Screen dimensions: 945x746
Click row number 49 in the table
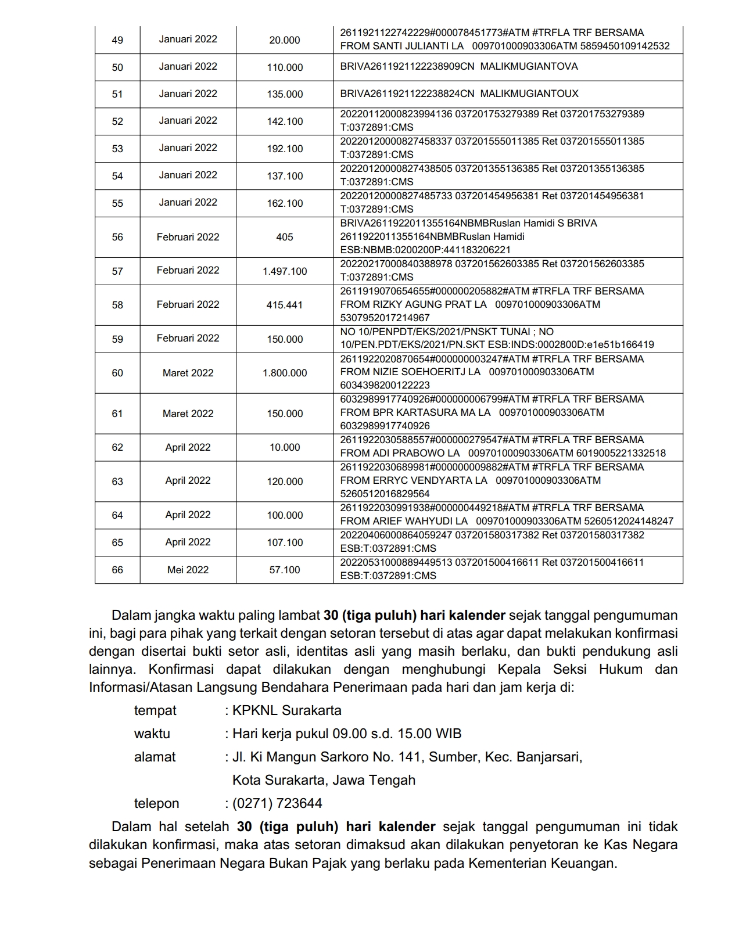pos(117,40)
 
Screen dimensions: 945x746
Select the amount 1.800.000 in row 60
pos(285,373)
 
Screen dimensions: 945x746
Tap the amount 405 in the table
pos(285,237)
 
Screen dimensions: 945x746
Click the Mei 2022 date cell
pos(188,570)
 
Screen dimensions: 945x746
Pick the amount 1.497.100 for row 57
pos(285,271)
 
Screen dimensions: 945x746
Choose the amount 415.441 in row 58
pos(285,305)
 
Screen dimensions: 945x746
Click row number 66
pos(117,570)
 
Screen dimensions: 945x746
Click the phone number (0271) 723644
pos(277,803)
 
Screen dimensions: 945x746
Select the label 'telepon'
pos(156,803)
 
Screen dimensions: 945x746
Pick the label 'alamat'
pos(155,757)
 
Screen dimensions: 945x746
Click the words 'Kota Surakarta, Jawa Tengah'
pos(324,780)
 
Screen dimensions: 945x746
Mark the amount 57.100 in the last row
pos(285,570)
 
